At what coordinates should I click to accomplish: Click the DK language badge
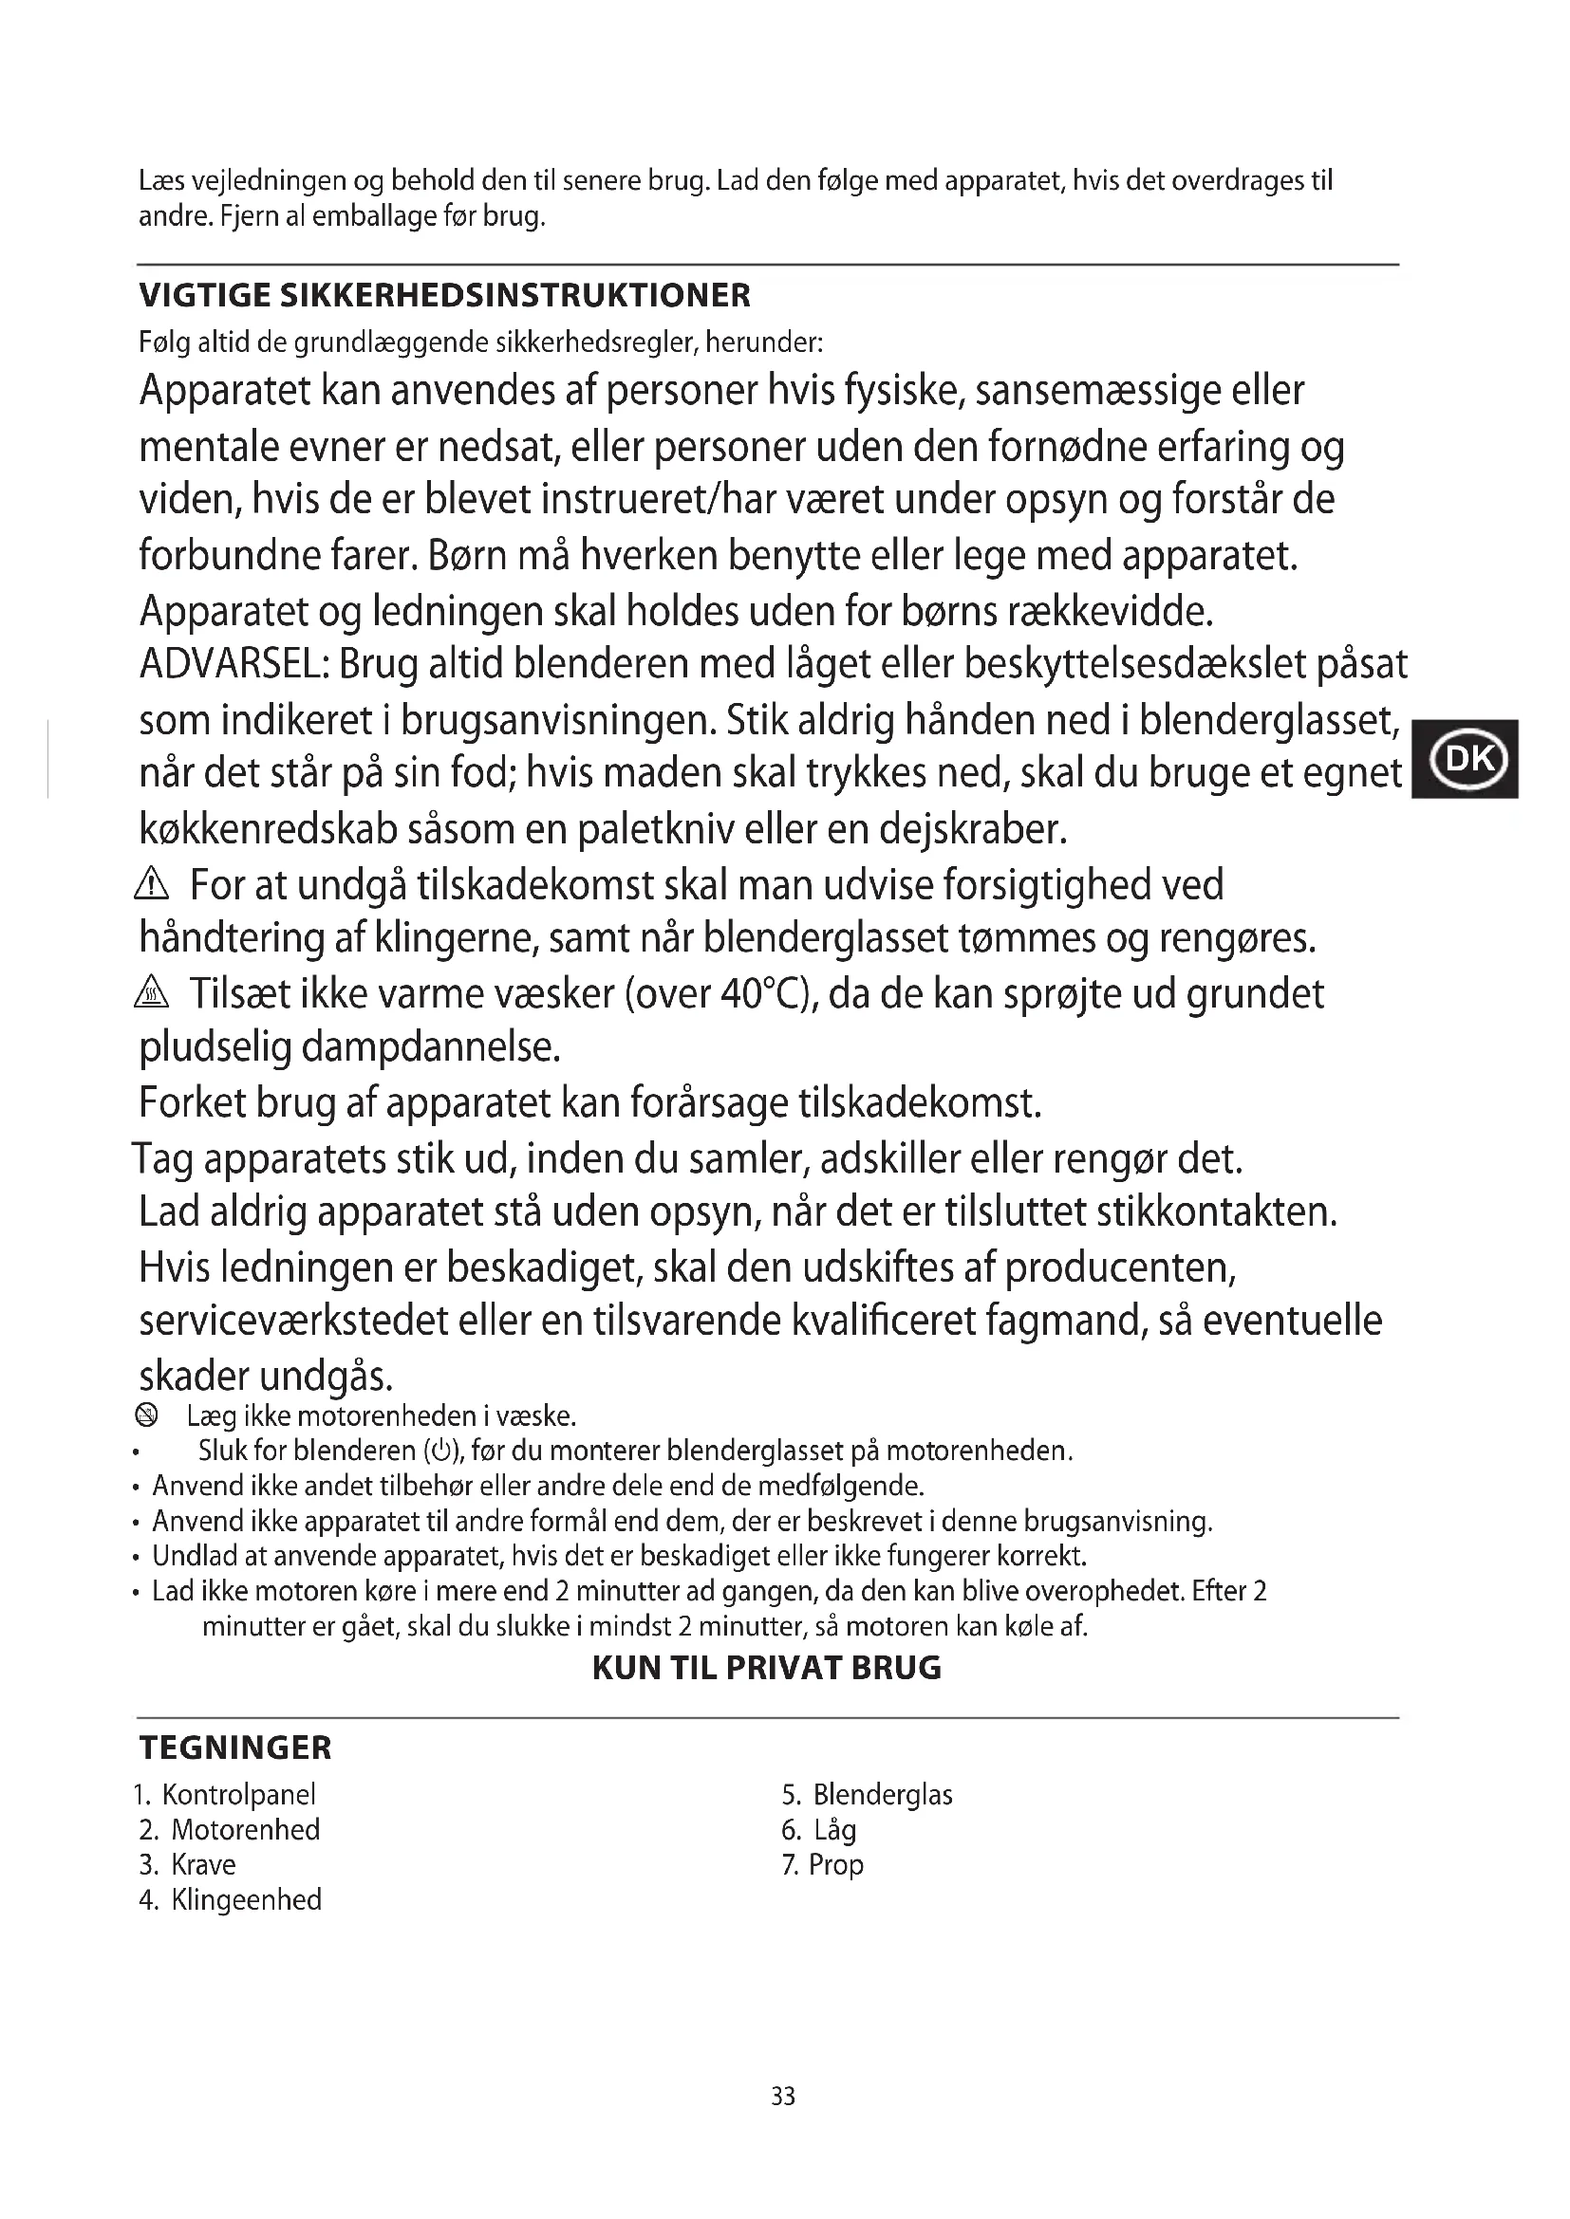(1466, 760)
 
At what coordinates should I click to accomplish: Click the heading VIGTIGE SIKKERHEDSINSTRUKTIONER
(444, 296)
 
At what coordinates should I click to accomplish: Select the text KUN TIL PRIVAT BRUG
(767, 1668)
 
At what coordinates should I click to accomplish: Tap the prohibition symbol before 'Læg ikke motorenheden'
(146, 1416)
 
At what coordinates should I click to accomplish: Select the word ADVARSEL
(234, 665)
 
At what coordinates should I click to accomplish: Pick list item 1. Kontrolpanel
(224, 1795)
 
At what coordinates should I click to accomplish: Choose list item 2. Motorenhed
(229, 1829)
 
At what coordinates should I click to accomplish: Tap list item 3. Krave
(188, 1864)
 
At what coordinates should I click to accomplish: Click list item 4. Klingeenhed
(230, 1900)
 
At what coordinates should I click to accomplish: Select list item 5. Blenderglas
(868, 1795)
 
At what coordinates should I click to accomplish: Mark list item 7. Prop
(823, 1864)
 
